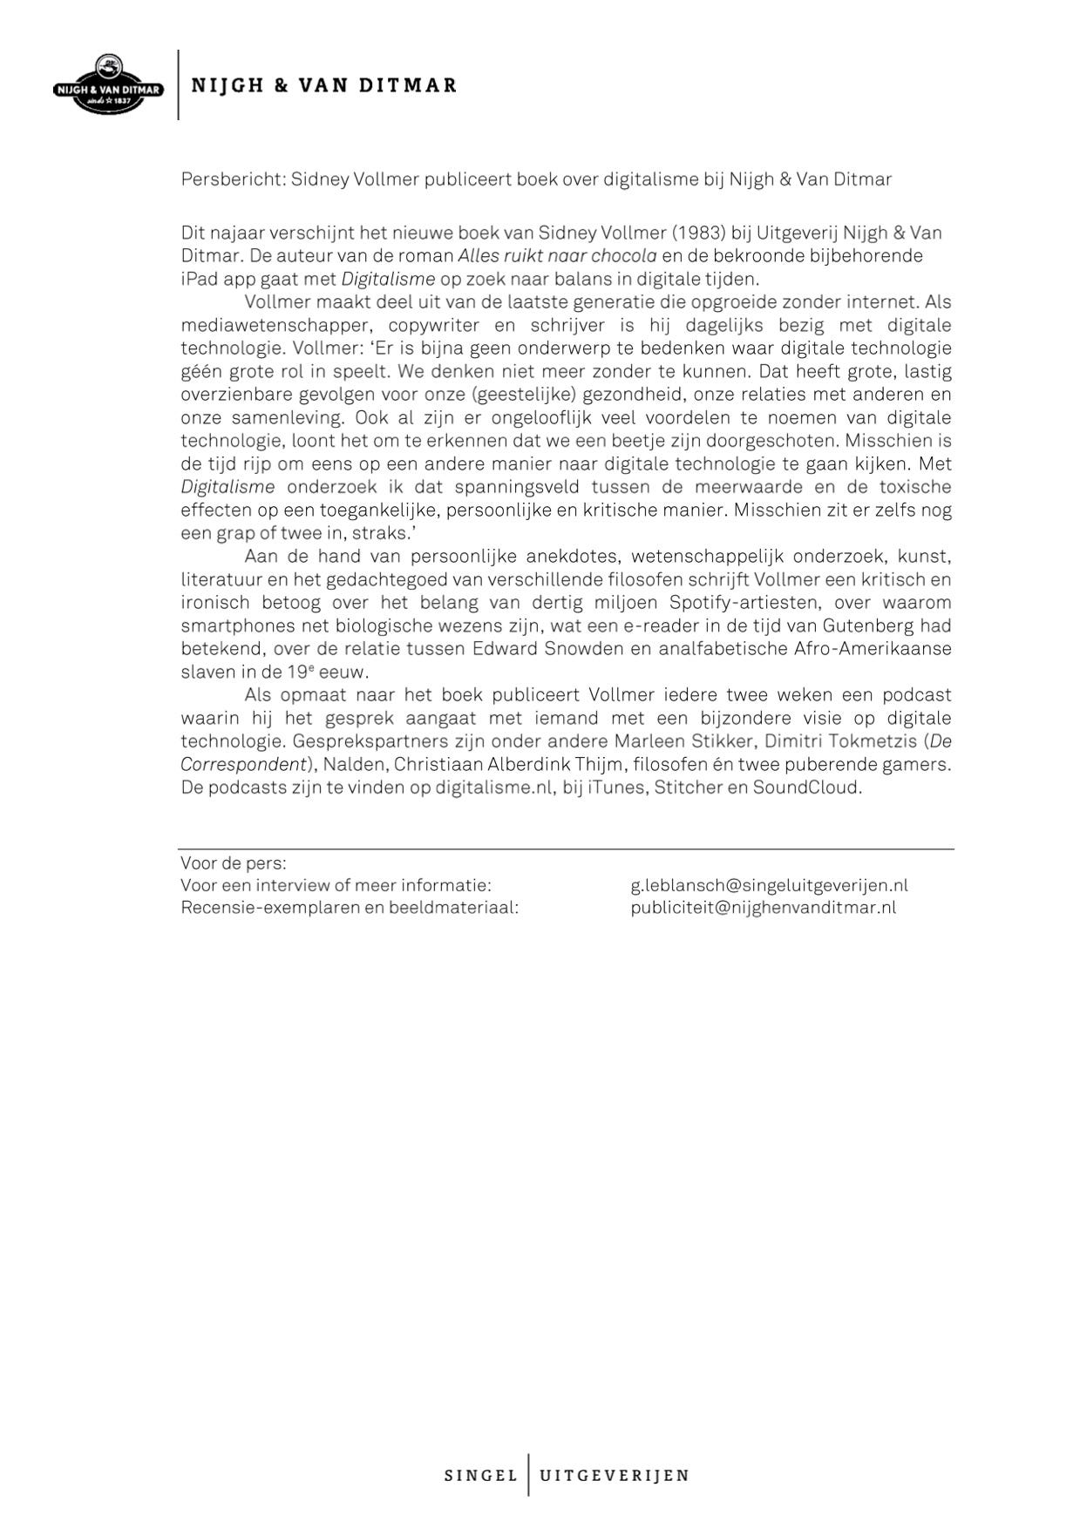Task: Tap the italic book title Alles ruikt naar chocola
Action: (x=557, y=256)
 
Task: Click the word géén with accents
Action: (x=201, y=371)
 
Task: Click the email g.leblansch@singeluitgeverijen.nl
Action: (x=769, y=885)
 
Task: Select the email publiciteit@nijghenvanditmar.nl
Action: (x=763, y=908)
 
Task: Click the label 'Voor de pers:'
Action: (x=233, y=863)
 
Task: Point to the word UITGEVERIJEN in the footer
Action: (x=615, y=1476)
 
